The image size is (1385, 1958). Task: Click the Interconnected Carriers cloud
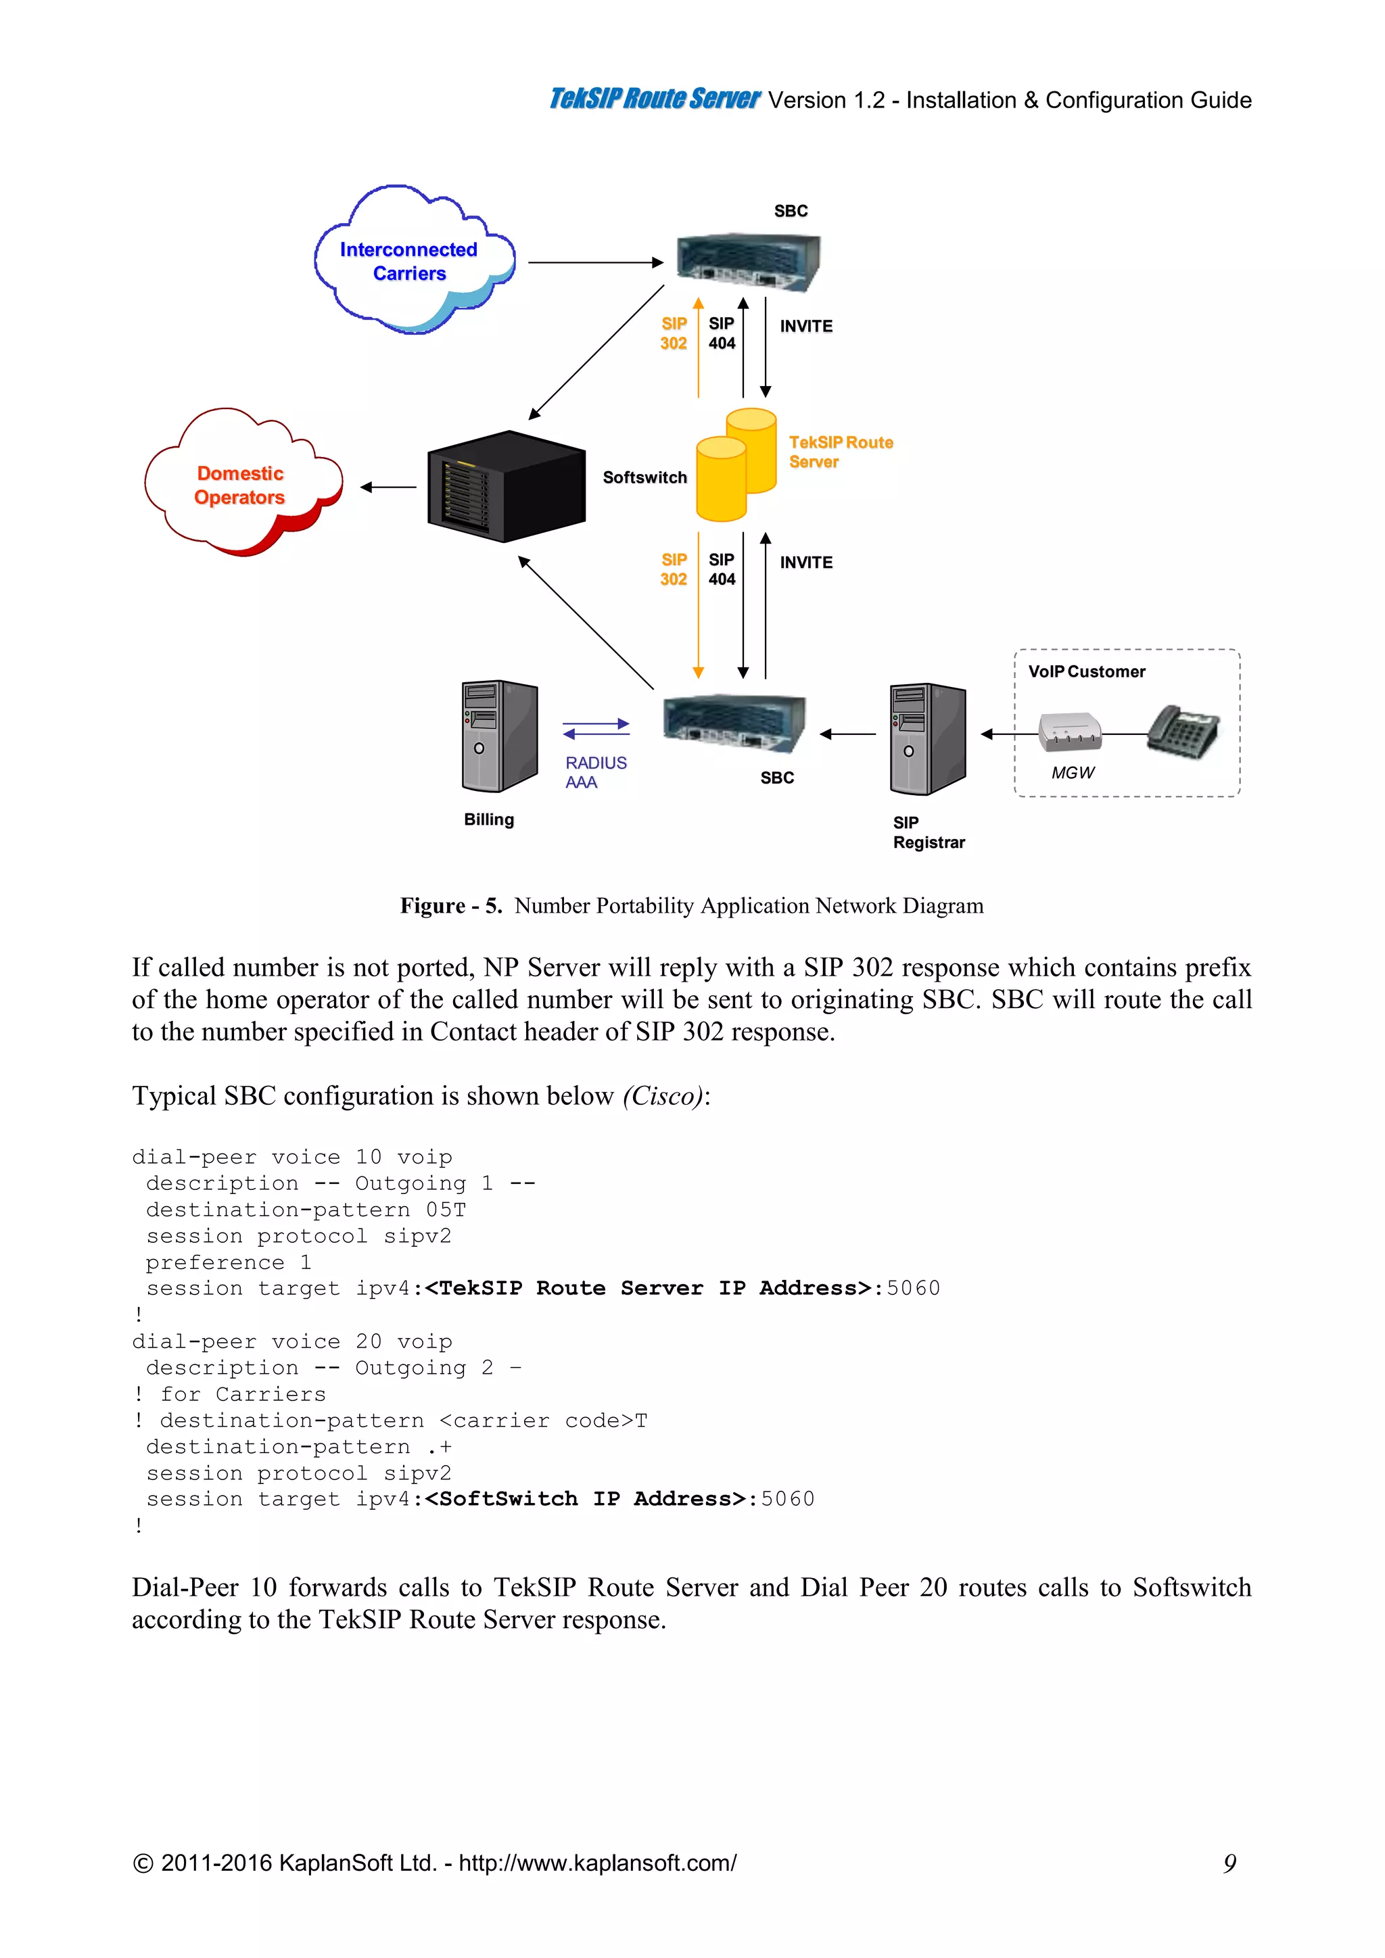click(x=412, y=260)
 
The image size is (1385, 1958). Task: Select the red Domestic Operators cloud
click(x=241, y=483)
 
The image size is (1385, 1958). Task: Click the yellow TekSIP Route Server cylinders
click(x=735, y=467)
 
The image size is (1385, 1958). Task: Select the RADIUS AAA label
click(x=595, y=771)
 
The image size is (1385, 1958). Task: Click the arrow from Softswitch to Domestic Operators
click(x=389, y=487)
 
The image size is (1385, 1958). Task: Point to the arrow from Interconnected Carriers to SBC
click(x=595, y=262)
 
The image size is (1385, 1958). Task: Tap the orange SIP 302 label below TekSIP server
click(x=674, y=569)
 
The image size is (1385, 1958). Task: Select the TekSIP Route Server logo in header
click(x=653, y=99)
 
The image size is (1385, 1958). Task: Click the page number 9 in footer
click(x=1229, y=1863)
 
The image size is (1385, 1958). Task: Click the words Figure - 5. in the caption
click(x=451, y=906)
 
